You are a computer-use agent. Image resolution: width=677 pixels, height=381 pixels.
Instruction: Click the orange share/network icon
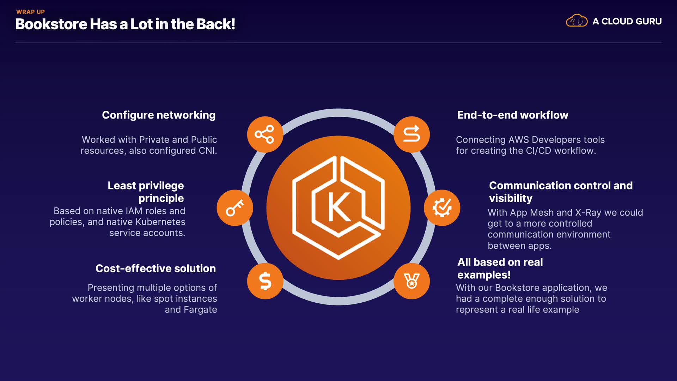coord(265,134)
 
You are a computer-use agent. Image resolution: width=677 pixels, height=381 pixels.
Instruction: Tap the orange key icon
coord(235,208)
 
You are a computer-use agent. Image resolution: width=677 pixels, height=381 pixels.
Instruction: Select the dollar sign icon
coord(265,281)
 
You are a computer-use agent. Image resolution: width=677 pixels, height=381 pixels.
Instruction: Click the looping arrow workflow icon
coord(411,134)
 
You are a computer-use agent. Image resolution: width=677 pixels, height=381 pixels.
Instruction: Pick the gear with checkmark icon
coord(442,208)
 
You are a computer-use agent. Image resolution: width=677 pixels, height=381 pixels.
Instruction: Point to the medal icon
coord(411,281)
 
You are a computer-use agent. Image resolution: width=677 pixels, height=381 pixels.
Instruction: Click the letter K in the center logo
coord(339,207)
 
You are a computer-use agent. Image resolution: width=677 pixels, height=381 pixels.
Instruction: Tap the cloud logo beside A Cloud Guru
coord(577,21)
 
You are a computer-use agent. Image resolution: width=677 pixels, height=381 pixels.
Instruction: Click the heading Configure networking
coord(159,115)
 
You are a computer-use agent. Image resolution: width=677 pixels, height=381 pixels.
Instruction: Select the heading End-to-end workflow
coord(513,115)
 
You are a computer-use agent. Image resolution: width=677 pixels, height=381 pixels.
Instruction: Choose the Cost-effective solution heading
coord(155,268)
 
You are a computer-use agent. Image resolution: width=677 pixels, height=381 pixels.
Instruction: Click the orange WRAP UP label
coord(31,12)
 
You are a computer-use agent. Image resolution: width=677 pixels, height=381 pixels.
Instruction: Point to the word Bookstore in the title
coord(51,24)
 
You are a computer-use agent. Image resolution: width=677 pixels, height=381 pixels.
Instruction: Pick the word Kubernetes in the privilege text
coord(160,222)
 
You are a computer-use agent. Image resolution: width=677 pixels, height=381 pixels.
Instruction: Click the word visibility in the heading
coord(511,198)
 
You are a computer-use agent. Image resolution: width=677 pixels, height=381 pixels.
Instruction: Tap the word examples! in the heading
coord(484,275)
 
